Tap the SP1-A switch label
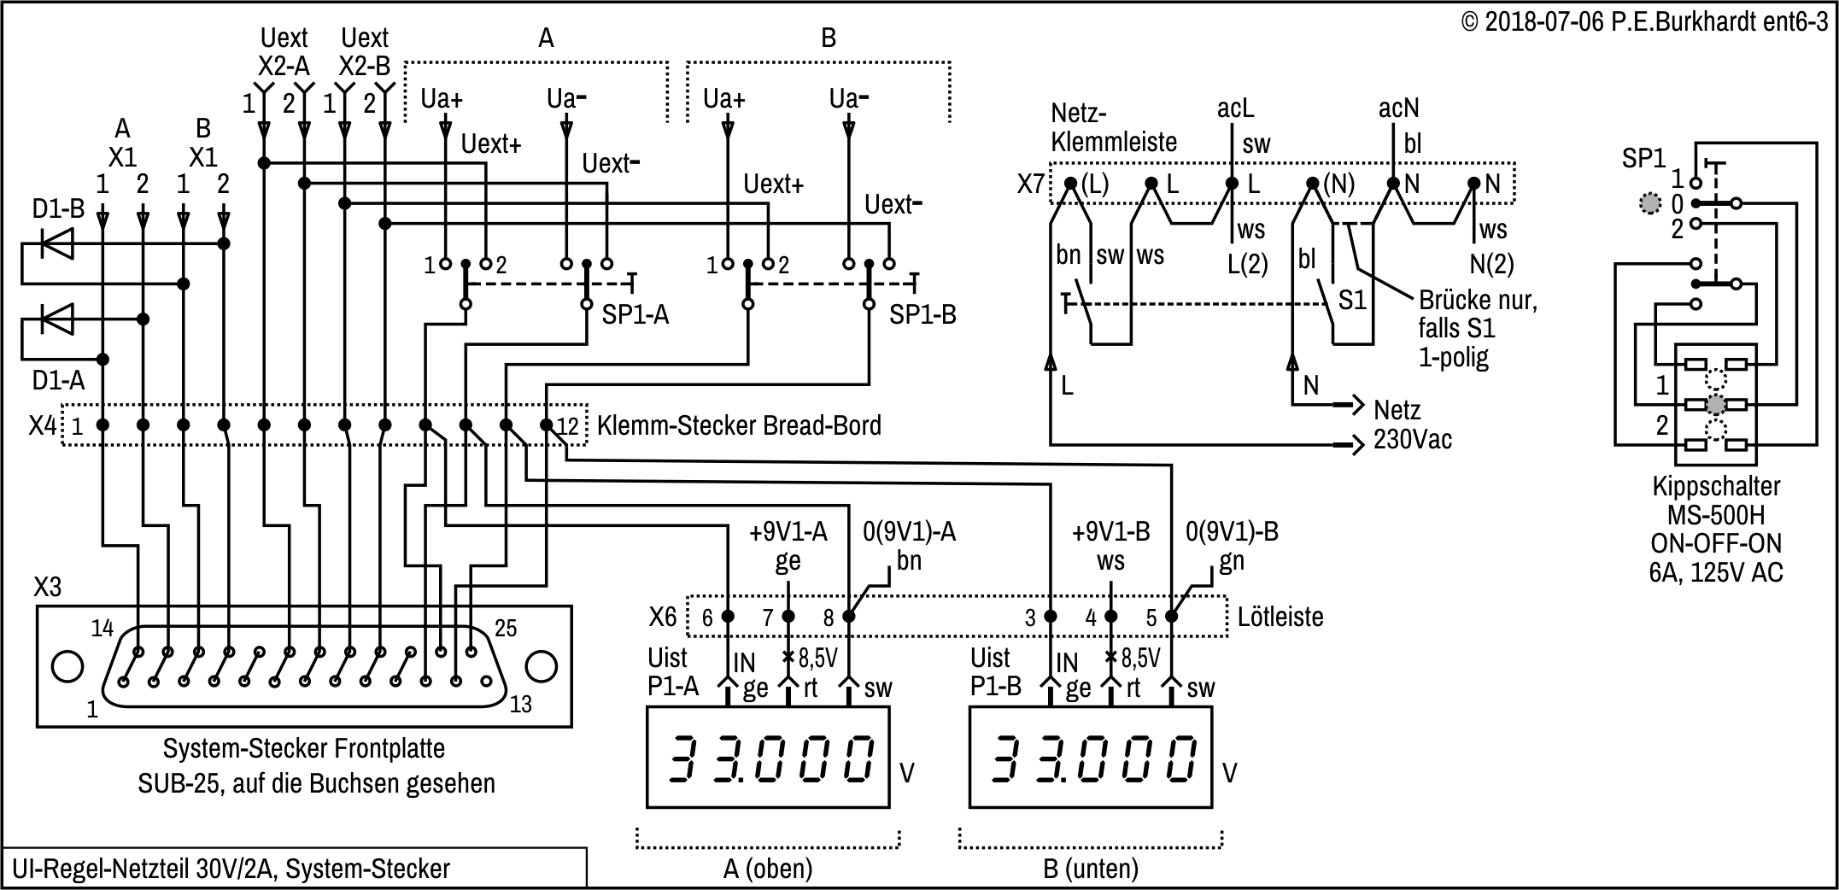[x=635, y=315]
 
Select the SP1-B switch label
[x=922, y=315]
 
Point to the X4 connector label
[x=43, y=425]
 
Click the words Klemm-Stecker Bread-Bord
[x=739, y=425]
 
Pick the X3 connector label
[x=48, y=588]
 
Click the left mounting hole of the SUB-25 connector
[x=67, y=667]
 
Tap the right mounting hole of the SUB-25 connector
[x=541, y=667]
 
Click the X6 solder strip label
[x=663, y=617]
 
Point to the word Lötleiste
[x=1280, y=617]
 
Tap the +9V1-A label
[x=788, y=532]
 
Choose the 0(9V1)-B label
[x=1232, y=532]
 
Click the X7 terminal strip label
[x=1031, y=184]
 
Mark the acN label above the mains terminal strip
[x=1399, y=108]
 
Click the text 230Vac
[x=1413, y=440]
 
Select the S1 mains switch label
[x=1352, y=301]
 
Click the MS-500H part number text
[x=1715, y=515]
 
